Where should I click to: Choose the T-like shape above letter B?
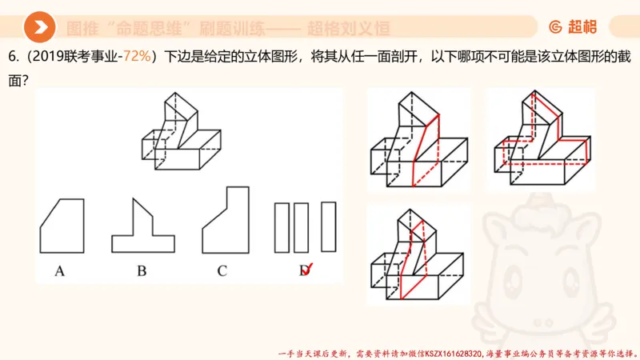142,228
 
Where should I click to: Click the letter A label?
59,270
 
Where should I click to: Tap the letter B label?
142,270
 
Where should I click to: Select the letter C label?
222,270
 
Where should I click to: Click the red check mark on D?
306,269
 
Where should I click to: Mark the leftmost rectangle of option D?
282,227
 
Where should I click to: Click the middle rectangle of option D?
301,227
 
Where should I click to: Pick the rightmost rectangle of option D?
328,227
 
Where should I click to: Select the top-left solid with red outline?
417,141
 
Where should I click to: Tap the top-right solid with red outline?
541,140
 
